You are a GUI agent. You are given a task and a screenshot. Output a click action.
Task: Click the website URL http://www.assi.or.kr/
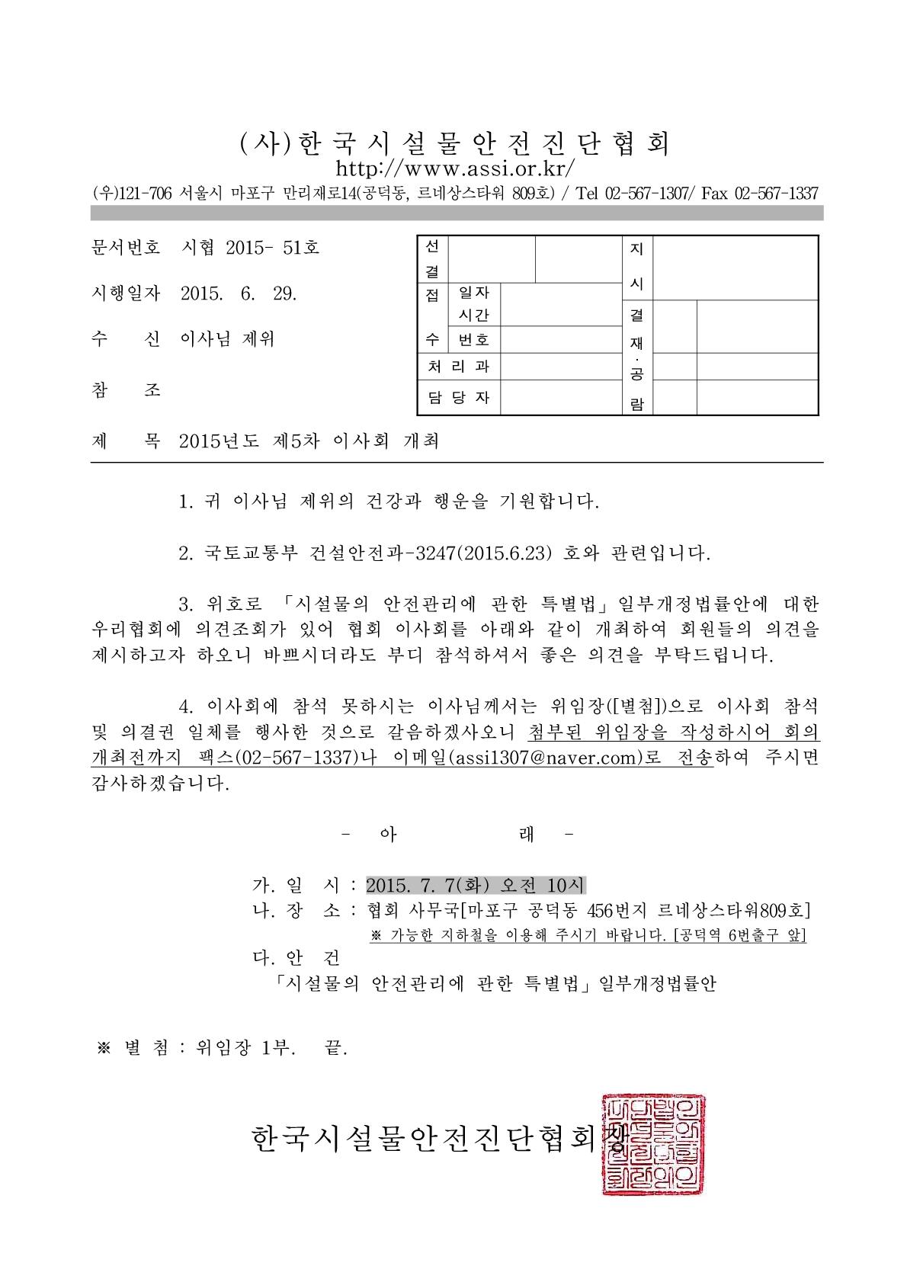(x=455, y=168)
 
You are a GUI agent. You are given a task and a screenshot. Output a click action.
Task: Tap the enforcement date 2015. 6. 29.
(x=239, y=293)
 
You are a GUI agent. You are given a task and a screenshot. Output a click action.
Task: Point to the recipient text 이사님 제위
(x=226, y=340)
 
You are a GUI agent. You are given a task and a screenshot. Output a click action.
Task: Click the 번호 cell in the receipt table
(x=473, y=340)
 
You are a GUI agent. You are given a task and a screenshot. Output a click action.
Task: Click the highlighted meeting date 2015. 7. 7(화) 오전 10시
(x=475, y=885)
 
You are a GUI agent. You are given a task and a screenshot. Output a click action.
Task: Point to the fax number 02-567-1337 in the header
(x=776, y=193)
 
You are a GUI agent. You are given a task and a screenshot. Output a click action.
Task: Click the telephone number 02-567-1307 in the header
(x=646, y=193)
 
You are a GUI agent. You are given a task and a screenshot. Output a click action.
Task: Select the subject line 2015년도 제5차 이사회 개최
(x=309, y=441)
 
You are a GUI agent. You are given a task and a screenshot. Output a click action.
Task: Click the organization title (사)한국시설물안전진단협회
(x=455, y=143)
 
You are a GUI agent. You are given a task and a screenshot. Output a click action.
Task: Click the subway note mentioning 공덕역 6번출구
(x=588, y=935)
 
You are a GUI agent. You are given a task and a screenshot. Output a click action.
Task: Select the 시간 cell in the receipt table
(x=473, y=314)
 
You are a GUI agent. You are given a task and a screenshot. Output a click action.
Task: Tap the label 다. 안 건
(x=296, y=957)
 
